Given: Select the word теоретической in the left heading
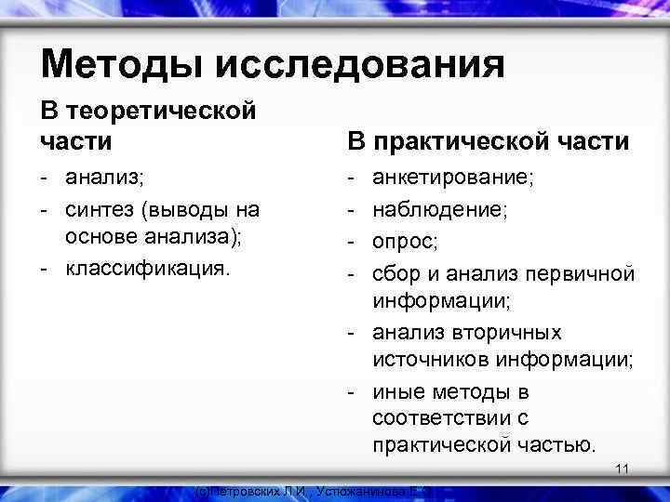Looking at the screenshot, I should [159, 112].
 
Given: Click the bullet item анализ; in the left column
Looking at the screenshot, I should [105, 176].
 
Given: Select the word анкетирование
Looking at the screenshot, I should [450, 176].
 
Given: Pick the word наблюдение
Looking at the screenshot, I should [437, 207].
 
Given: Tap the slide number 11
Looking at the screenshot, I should [623, 469].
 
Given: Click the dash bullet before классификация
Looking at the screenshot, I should [45, 270].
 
